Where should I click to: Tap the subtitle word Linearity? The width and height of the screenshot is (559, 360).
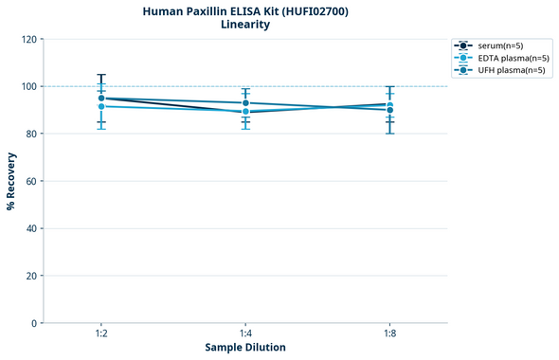(244, 25)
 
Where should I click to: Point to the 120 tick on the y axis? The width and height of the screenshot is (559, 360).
(28, 39)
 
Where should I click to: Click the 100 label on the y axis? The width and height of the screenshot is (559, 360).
(28, 86)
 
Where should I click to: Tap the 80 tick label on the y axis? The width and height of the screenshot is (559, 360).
(31, 134)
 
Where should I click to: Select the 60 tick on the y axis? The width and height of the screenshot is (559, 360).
(31, 181)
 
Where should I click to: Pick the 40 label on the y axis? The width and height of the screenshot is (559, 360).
(31, 228)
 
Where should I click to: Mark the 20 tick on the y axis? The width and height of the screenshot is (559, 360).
(31, 276)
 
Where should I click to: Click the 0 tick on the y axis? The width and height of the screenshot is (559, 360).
(34, 323)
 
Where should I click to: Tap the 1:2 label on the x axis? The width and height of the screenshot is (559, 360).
(101, 334)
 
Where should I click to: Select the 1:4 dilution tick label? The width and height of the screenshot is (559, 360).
(245, 334)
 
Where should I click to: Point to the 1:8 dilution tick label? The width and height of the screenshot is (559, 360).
(389, 334)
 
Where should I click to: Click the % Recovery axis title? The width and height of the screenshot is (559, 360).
(11, 180)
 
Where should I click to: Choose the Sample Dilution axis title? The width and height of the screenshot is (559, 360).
(245, 348)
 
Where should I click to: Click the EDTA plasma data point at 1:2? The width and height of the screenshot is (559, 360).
(101, 106)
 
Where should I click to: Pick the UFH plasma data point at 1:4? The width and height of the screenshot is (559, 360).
(245, 102)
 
